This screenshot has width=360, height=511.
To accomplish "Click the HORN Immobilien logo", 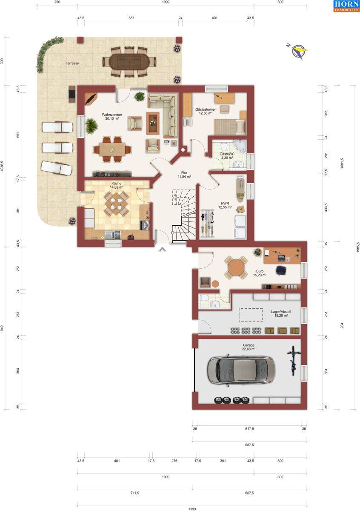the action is (346, 6).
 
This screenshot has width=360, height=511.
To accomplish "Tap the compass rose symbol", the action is (298, 51).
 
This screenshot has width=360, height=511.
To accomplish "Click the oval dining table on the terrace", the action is (129, 62).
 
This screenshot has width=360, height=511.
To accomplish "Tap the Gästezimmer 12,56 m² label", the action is (206, 111).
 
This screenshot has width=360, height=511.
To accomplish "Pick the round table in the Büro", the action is (236, 267).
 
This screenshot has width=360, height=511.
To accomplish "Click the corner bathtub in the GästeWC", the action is (240, 146).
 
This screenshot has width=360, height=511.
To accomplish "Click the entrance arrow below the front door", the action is (162, 250).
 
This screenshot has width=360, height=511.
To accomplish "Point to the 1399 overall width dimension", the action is (192, 509).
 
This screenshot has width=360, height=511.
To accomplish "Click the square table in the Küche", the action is (116, 204).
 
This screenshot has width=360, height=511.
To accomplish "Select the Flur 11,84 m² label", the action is (184, 175).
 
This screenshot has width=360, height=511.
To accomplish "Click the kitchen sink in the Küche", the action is (113, 235).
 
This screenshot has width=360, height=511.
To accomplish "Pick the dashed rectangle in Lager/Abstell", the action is (251, 315).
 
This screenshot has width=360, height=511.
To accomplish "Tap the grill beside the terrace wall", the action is (72, 94).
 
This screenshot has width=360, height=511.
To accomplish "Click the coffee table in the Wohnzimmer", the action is (153, 123).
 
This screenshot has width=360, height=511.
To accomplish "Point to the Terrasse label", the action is (72, 63).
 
